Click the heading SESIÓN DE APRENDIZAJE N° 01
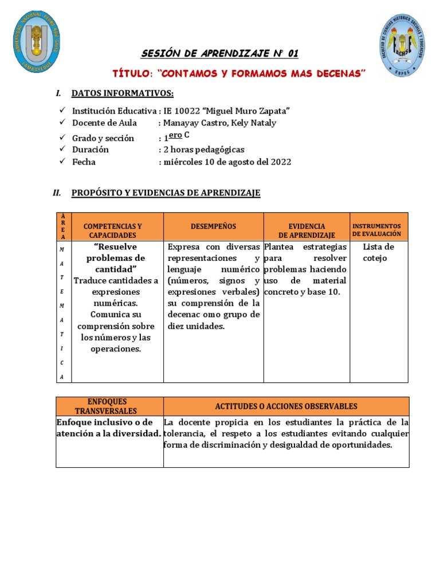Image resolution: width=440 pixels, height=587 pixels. point(220,54)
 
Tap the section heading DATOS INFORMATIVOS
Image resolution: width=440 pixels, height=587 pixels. point(122,93)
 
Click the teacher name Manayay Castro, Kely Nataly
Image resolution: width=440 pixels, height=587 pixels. point(219,123)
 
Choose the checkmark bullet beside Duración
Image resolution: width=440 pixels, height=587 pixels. point(62,150)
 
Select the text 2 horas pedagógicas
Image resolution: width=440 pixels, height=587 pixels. point(204,150)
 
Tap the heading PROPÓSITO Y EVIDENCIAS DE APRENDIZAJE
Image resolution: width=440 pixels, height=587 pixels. point(166,193)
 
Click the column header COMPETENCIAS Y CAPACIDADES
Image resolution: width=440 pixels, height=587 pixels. point(112,230)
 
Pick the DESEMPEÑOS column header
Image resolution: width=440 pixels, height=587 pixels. point(213,227)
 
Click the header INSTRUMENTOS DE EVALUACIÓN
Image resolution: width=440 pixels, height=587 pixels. point(377,230)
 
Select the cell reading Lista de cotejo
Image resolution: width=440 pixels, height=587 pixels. point(378,252)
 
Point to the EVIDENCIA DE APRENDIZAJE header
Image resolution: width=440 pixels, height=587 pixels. point(307,230)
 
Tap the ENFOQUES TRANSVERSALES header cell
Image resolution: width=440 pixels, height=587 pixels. point(109,406)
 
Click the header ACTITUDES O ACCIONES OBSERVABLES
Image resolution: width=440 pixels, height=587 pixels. point(286,406)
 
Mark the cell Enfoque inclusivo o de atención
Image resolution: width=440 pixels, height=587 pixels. point(109,428)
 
